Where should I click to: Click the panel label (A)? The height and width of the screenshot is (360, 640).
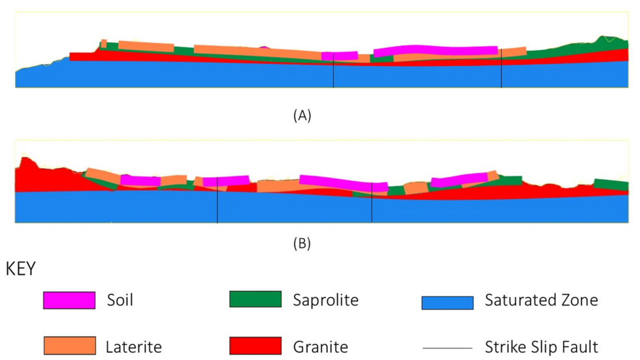(302, 116)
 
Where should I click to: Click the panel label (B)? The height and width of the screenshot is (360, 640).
(302, 244)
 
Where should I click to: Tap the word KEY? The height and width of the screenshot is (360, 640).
(21, 269)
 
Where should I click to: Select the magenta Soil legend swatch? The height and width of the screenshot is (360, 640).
(69, 300)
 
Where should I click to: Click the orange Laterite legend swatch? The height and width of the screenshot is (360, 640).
(69, 346)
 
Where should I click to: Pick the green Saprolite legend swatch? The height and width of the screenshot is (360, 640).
(255, 299)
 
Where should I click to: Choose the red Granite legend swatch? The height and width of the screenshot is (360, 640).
(255, 345)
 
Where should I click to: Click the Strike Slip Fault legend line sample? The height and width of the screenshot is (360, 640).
(447, 348)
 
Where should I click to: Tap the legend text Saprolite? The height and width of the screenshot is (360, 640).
(325, 300)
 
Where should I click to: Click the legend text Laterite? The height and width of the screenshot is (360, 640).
(133, 347)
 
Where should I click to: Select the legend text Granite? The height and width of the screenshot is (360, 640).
(320, 347)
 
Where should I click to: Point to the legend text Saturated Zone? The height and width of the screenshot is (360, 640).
(541, 300)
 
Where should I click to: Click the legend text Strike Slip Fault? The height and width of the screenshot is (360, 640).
(541, 347)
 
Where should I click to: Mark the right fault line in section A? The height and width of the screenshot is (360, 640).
(502, 71)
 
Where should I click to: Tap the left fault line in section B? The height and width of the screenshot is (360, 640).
(217, 204)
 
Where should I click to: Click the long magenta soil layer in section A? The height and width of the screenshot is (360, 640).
(435, 50)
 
